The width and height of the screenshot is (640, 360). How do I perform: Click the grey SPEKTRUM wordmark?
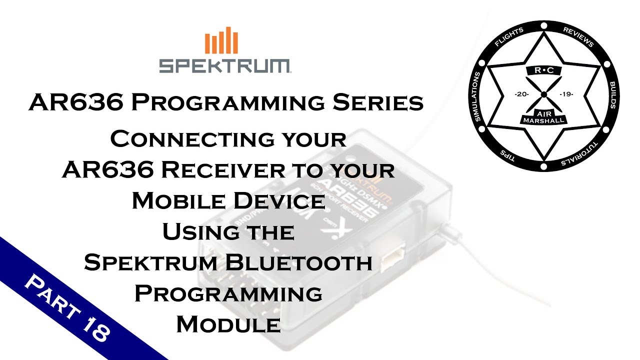[x=224, y=65]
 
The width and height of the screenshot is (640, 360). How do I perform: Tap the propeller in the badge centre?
[x=543, y=93]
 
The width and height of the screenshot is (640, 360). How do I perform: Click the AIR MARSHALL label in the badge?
[x=543, y=116]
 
